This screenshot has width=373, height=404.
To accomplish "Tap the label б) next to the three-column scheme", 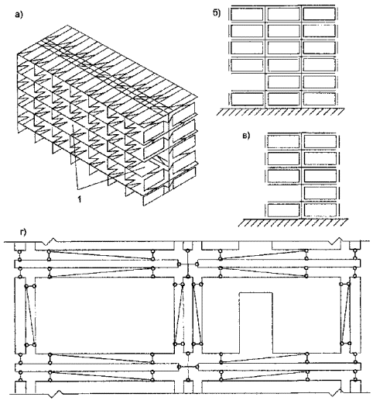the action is pyautogui.click(x=217, y=13).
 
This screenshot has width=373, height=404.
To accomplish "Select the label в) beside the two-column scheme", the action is pyautogui.click(x=246, y=136).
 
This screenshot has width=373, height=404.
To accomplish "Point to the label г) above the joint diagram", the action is pyautogui.click(x=23, y=233).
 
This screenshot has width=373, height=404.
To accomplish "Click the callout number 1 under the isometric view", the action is pyautogui.click(x=80, y=199).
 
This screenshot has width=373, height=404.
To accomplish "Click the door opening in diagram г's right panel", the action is pyautogui.click(x=255, y=323).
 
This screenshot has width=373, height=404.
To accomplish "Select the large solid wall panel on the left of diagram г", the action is pyautogui.click(x=104, y=316).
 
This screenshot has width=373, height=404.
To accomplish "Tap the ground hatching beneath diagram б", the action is pyautogui.click(x=281, y=112).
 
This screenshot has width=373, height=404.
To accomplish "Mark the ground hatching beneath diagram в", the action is pyautogui.click(x=293, y=223).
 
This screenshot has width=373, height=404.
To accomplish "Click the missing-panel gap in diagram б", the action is pyautogui.click(x=247, y=82).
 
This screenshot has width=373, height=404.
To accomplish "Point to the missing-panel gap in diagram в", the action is pyautogui.click(x=283, y=193).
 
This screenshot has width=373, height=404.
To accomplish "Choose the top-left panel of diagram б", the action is pyautogui.click(x=247, y=14).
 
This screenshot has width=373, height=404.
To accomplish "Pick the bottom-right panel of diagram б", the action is pyautogui.click(x=319, y=99).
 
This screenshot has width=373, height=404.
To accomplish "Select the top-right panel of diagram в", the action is pyautogui.click(x=320, y=142).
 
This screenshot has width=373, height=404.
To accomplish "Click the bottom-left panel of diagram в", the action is pyautogui.click(x=283, y=210).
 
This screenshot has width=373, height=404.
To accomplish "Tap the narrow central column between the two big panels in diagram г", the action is pyautogui.click(x=188, y=315).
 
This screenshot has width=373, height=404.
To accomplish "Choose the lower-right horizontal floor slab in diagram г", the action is pyautogui.click(x=279, y=367).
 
